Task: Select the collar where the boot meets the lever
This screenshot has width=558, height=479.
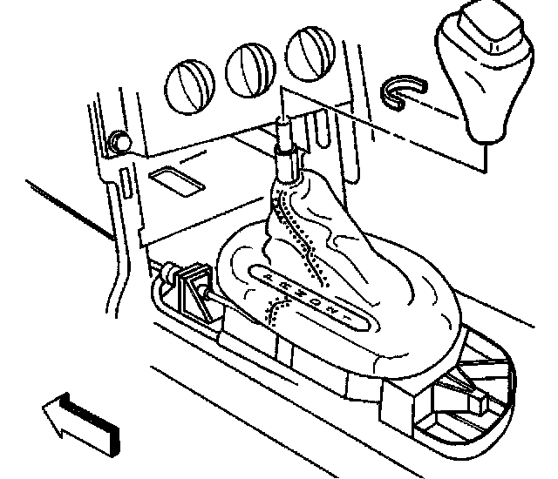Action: (x=286, y=165)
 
